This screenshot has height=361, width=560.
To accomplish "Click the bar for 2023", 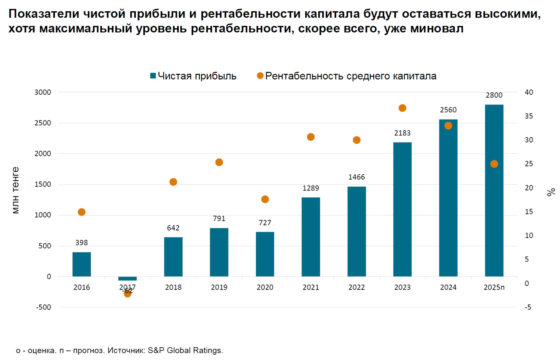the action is click(x=402, y=209).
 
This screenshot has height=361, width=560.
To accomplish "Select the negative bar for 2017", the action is click(x=127, y=278).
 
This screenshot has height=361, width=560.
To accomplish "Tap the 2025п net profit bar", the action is click(x=494, y=190).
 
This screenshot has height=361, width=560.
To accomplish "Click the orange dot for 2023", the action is click(x=402, y=108).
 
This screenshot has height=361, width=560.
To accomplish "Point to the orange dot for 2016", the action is click(x=82, y=212).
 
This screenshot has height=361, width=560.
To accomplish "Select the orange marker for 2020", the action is click(x=265, y=199).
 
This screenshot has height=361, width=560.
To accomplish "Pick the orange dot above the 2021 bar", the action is click(x=311, y=137).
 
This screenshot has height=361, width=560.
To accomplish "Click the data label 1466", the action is click(x=356, y=177).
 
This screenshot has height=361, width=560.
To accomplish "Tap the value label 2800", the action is click(x=494, y=95).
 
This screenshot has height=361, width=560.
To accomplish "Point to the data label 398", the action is click(x=82, y=243).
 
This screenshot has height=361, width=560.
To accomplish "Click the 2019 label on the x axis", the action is click(x=219, y=287).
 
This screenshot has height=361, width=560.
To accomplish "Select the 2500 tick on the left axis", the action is click(x=43, y=123).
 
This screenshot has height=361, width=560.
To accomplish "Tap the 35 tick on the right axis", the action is click(x=529, y=116).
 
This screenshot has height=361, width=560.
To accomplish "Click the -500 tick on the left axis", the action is click(x=44, y=307).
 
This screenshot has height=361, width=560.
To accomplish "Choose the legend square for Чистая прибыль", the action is click(x=153, y=76).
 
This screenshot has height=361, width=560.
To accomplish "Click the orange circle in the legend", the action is click(x=260, y=76).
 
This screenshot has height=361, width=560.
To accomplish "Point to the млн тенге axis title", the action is click(x=16, y=190).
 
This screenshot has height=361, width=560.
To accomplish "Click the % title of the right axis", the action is click(x=551, y=192).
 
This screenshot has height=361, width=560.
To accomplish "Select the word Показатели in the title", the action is click(x=44, y=14).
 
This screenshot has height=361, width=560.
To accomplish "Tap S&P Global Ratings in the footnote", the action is click(x=185, y=350).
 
